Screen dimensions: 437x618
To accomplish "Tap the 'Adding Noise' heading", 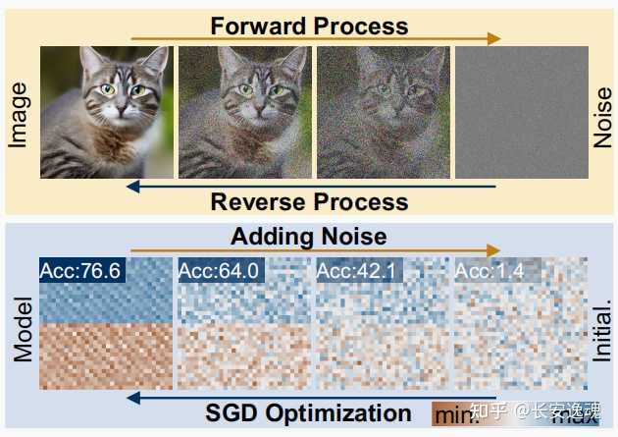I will (x=308, y=237).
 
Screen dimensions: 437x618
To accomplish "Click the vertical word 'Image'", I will (x=18, y=115).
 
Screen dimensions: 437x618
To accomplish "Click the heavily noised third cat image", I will (x=384, y=113).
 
